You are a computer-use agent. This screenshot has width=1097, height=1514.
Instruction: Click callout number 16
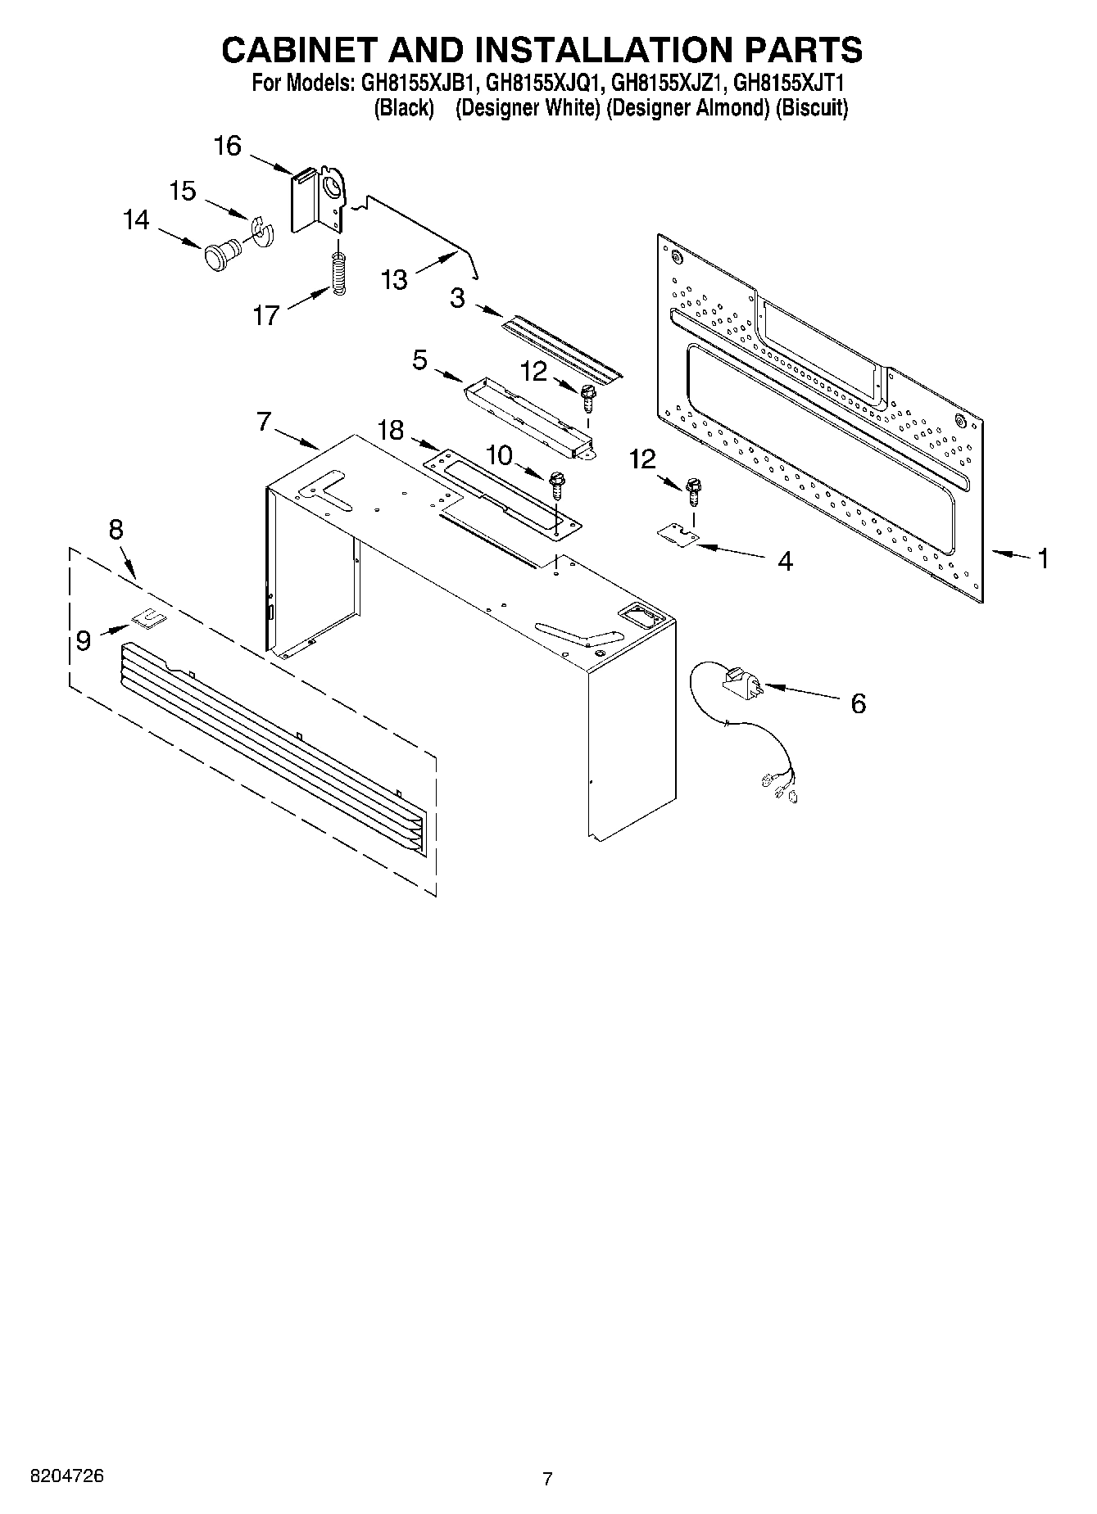[228, 147]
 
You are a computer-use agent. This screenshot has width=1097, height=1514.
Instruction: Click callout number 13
[394, 280]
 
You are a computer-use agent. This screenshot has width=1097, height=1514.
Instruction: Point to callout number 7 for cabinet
[263, 422]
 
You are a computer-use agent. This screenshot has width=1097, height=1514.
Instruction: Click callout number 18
[391, 429]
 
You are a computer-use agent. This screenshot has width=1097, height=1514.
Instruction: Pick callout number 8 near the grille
[116, 530]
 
